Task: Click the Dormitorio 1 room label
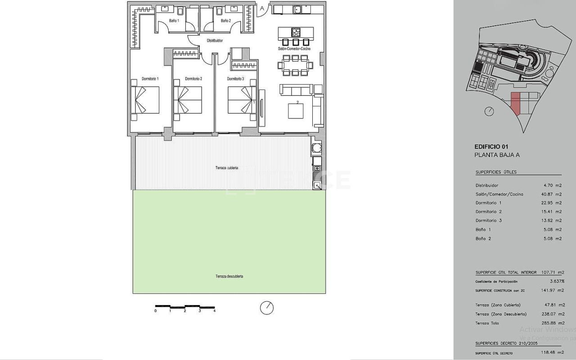(150, 79)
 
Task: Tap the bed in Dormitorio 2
(188, 100)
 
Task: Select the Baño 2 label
(225, 21)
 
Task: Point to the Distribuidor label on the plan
(215, 40)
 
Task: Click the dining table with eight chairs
(296, 65)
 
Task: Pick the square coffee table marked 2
(296, 110)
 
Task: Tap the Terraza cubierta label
(226, 168)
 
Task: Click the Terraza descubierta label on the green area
(229, 276)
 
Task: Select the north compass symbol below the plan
(267, 308)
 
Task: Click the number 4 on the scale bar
(214, 311)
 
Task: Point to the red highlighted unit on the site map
(515, 103)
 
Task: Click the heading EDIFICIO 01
(491, 146)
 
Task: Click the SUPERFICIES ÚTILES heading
(496, 172)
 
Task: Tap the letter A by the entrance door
(262, 8)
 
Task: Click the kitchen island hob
(296, 32)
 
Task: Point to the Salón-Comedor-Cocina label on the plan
(294, 49)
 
